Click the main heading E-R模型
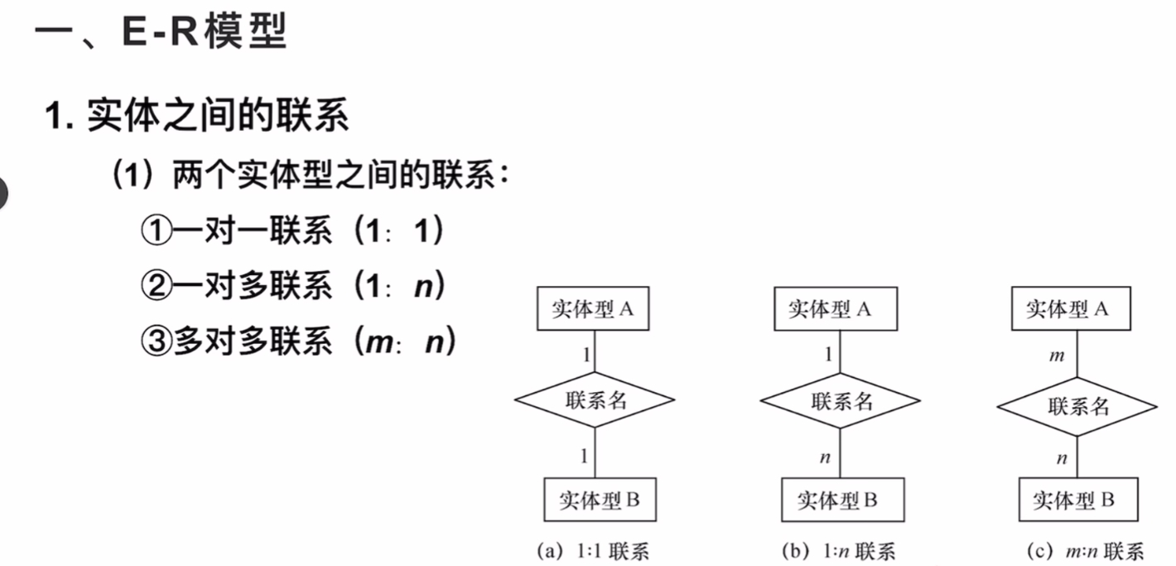[161, 33]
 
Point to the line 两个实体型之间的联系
[311, 176]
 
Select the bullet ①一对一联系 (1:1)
[293, 231]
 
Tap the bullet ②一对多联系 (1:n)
[293, 287]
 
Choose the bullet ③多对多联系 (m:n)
[298, 341]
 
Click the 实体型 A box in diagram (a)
[592, 309]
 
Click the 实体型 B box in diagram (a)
[600, 500]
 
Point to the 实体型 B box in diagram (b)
[841, 500]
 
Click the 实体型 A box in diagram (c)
[1067, 309]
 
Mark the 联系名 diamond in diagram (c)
[1077, 406]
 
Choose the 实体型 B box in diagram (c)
[1077, 500]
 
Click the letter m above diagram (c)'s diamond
[1056, 356]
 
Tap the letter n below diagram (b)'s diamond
[825, 457]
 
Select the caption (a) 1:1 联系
[592, 551]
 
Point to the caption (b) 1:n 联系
[837, 551]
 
